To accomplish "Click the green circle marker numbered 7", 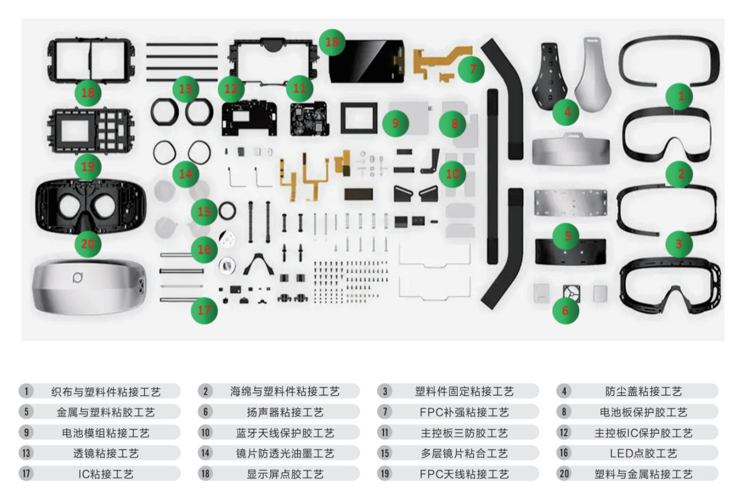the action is coord(471,70).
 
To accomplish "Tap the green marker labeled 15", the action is coord(204,212).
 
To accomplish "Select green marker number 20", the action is coord(88,244).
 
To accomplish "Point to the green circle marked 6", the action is coord(566,310).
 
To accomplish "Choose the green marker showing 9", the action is coord(395,123).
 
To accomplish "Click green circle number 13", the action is coord(186,89).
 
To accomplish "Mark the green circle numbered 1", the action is coord(679,97).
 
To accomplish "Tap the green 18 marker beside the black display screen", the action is coord(332,42).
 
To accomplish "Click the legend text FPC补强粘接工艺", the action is coord(464,412).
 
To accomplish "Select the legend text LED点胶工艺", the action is coord(643,453).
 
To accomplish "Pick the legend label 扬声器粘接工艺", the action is coord(285,412).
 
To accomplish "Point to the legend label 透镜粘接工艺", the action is coord(106,453).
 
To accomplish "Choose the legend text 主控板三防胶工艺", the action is coord(464,433).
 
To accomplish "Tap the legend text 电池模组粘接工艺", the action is coord(106,433).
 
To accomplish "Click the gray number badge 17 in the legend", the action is coord(26,473).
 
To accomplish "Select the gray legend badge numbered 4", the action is coord(564,391).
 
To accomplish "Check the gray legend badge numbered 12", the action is coord(564,433).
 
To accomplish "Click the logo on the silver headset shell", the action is coord(78,277).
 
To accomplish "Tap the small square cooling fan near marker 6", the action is coord(572,293).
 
